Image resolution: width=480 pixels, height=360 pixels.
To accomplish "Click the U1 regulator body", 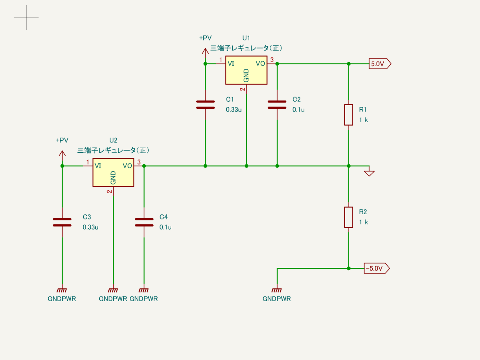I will [246, 70].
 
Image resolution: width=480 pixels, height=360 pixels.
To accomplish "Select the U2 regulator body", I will [113, 172].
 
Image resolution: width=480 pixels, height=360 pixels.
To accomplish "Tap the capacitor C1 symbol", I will [205, 105].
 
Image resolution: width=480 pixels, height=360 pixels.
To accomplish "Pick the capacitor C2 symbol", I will [277, 105].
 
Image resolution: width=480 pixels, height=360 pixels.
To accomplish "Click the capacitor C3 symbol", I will [62, 222].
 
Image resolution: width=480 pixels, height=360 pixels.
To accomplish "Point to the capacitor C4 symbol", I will [144, 222].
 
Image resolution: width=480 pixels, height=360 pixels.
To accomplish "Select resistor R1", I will [349, 115].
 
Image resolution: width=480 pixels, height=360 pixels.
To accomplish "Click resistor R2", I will [349, 217].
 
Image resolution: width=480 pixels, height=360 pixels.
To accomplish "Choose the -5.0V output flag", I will [376, 268].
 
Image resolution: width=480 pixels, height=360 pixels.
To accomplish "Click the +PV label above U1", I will [205, 38].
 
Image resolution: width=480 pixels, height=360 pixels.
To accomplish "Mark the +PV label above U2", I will [62, 140].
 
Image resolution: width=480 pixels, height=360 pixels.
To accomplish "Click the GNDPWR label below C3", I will [62, 299].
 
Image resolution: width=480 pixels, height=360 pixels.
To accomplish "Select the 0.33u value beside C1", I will [234, 110].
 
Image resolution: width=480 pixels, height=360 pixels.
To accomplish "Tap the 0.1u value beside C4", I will [165, 227].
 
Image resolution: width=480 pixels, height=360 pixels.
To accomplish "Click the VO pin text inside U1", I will [260, 63].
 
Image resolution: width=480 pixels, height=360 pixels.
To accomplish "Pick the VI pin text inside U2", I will [98, 166].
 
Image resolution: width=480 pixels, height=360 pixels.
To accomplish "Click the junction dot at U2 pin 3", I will [144, 166].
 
